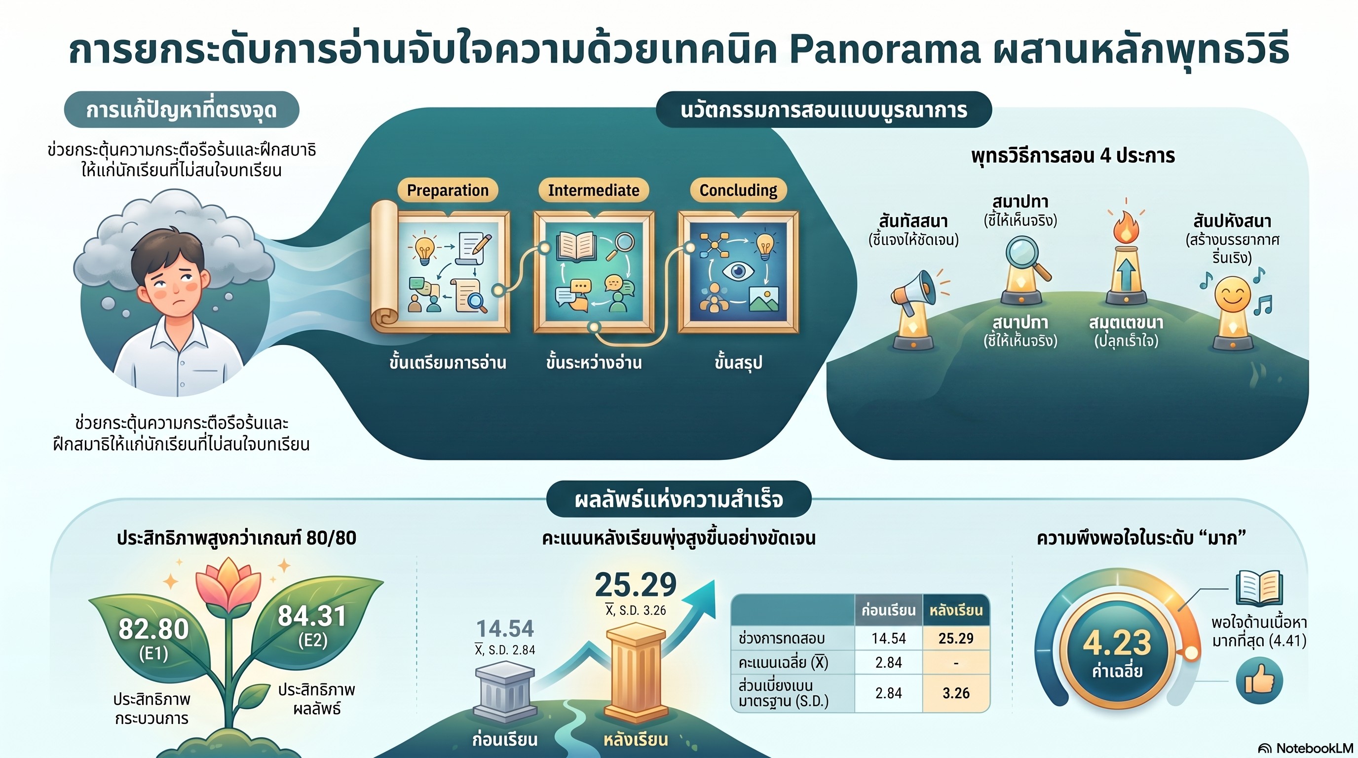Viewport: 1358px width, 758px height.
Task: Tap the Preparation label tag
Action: (x=448, y=190)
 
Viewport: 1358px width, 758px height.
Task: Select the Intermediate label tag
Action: (x=594, y=190)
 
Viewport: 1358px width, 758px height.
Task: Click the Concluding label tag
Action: (x=738, y=190)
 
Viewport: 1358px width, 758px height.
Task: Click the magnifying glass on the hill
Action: (x=1025, y=258)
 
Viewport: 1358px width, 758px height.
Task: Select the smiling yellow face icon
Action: (x=1233, y=295)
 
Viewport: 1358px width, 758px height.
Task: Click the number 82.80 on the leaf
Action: (x=153, y=629)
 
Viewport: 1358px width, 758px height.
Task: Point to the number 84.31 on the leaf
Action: (x=312, y=616)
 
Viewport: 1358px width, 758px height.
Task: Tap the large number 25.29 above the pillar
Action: (x=636, y=585)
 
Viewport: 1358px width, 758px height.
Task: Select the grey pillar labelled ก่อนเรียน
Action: (x=504, y=691)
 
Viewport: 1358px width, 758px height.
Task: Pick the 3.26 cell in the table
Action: (x=956, y=693)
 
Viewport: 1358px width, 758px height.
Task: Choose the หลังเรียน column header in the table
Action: (x=956, y=610)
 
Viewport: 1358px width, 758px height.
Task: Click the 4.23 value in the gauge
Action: (x=1117, y=643)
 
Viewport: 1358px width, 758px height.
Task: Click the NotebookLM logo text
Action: (x=1313, y=748)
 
